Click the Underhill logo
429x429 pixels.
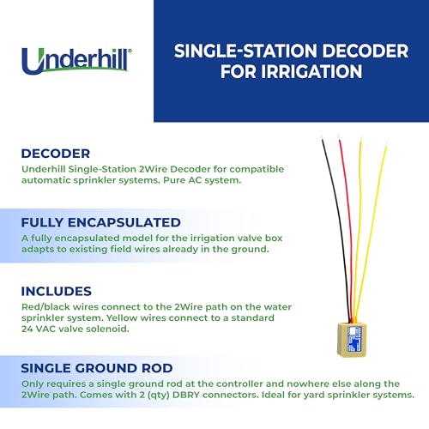76,61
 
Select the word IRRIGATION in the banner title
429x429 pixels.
311,71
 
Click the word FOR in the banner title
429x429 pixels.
239,71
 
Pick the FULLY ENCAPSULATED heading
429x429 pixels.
100,222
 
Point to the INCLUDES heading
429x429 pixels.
57,292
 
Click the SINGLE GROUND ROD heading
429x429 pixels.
97,368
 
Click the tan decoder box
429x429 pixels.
352,340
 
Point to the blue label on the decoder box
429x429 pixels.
354,339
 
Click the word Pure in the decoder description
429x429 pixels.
174,180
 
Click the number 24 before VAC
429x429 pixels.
27,329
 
